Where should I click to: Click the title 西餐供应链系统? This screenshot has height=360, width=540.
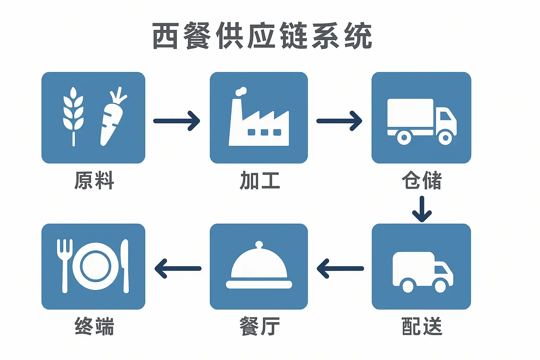coord(262,36)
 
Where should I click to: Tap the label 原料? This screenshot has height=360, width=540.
coord(94,180)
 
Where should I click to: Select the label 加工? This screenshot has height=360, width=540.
coord(259,180)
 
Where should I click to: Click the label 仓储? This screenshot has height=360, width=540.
coord(422,180)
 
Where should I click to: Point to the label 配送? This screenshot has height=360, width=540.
coord(422,326)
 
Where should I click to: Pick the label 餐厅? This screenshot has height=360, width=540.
coord(259,326)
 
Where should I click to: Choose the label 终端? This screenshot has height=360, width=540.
coord(94,326)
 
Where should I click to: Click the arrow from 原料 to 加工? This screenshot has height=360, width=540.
coord(177,121)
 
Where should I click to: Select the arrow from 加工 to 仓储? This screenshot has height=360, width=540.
coord(339,121)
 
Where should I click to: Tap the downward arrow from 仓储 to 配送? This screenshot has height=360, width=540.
coord(422,209)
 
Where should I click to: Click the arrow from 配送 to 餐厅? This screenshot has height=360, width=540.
coord(340,269)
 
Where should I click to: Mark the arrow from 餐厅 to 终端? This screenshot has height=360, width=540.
coord(178,269)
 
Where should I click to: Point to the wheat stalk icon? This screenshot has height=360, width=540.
coord(73,112)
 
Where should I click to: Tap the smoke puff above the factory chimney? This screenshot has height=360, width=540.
coord(241,91)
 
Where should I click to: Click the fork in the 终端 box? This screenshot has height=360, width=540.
coord(64,264)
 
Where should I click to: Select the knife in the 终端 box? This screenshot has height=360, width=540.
coord(125,265)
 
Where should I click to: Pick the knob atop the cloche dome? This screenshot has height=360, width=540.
coord(259,244)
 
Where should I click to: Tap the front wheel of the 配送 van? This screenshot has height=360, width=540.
coord(440,285)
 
